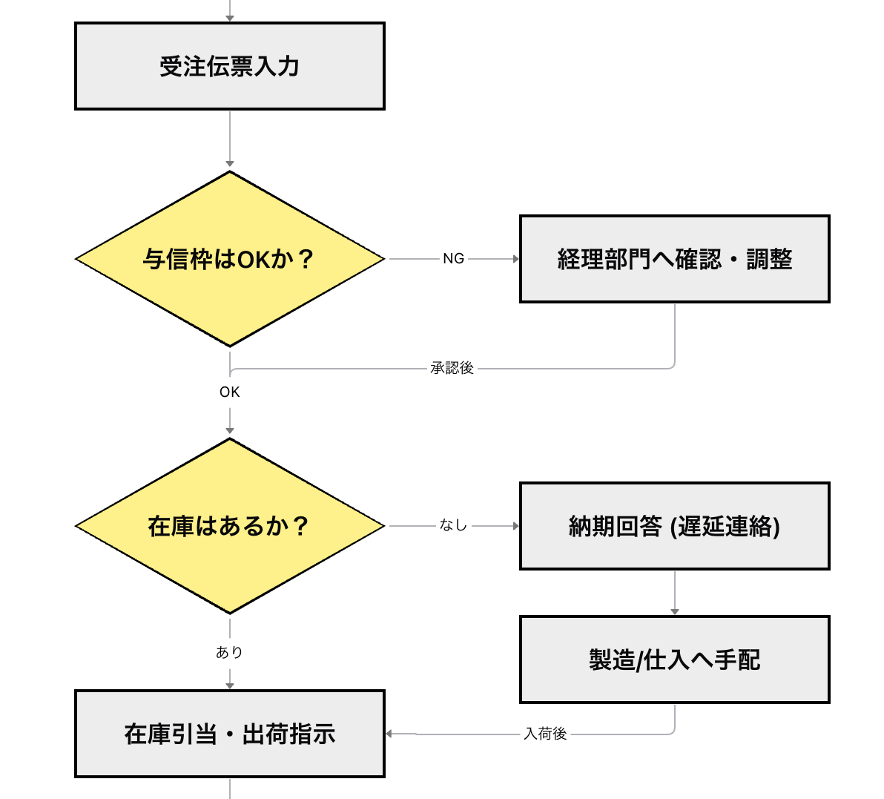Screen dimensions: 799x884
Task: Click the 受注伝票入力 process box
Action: (230, 66)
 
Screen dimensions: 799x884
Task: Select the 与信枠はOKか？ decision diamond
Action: (230, 259)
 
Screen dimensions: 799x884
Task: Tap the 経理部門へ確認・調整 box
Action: (674, 259)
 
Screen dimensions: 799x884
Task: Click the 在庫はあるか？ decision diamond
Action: (230, 526)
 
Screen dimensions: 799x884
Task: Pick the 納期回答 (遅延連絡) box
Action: (674, 526)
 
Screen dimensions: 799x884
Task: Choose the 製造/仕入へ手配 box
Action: (674, 660)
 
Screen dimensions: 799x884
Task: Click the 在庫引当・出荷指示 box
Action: (230, 734)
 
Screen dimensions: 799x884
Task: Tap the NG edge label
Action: (453, 259)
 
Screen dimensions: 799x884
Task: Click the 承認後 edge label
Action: (452, 368)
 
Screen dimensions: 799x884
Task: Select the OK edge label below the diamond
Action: (230, 392)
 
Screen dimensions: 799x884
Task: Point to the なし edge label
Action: (453, 526)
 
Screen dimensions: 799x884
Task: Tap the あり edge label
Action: (230, 653)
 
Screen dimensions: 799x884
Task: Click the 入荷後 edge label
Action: (545, 734)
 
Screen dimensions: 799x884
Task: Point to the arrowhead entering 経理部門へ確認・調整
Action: (515, 259)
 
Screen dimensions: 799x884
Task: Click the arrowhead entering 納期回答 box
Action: (515, 526)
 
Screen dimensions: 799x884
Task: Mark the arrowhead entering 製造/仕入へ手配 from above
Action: (674, 611)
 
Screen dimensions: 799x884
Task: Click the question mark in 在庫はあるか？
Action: (300, 526)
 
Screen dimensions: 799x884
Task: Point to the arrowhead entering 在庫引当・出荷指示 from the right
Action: (391, 734)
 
